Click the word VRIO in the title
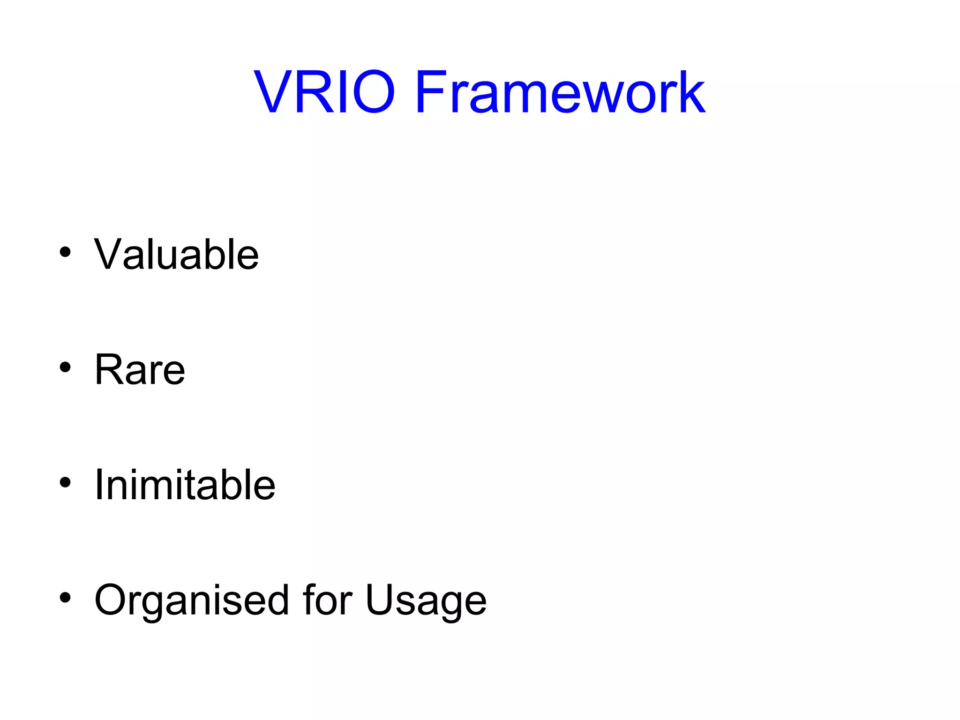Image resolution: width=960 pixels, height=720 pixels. click(x=324, y=92)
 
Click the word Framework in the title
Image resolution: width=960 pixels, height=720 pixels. click(x=560, y=92)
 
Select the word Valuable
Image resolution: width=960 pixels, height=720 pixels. click(x=176, y=255)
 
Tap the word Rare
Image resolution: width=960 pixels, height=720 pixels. click(x=140, y=370)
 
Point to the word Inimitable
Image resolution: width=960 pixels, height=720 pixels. click(x=185, y=485)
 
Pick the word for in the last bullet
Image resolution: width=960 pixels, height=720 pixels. click(x=327, y=600)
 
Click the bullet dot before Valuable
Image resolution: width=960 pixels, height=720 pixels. click(x=65, y=252)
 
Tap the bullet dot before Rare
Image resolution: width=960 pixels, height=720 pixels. click(x=65, y=367)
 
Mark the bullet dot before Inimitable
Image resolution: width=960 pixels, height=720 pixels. click(x=65, y=482)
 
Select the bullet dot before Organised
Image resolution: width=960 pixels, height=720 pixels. click(x=65, y=598)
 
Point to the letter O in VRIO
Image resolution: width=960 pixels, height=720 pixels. click(x=371, y=92)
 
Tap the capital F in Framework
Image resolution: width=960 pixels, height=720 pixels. click(x=431, y=92)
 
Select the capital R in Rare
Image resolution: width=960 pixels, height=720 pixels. click(x=109, y=369)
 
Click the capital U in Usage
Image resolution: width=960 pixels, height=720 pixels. click(x=381, y=600)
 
